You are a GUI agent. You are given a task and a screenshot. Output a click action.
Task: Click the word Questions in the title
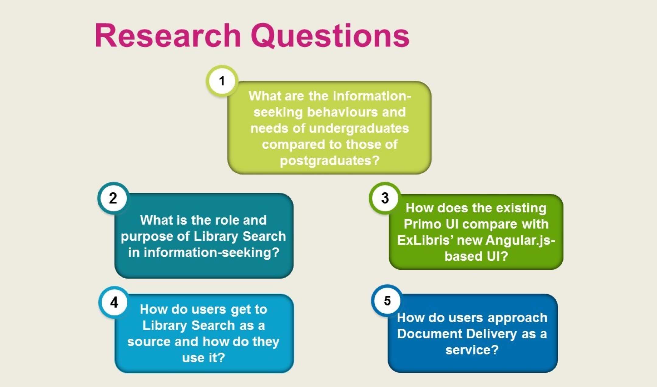330,36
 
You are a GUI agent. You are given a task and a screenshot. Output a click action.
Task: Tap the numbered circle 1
222,81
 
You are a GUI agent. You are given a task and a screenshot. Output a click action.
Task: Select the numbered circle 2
113,198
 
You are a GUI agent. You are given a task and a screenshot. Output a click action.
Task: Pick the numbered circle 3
385,198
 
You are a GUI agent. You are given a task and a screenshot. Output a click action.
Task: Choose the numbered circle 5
387,300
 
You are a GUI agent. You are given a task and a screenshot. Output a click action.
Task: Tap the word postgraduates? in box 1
330,161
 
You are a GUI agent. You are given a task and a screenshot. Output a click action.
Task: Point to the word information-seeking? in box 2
204,253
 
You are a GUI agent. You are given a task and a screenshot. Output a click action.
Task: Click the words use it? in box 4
203,358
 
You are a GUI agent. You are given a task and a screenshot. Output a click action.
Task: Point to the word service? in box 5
472,350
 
